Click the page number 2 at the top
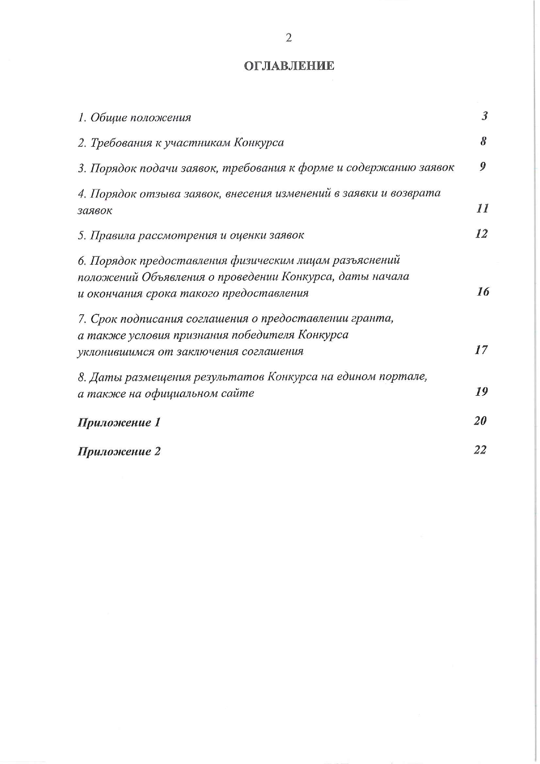(288, 38)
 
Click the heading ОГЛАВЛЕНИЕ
(289, 66)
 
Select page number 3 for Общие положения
(484, 116)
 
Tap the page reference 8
(483, 141)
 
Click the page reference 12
(481, 234)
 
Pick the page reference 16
(483, 292)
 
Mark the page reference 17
(481, 350)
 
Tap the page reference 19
(481, 391)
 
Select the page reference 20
(480, 421)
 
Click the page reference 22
(480, 450)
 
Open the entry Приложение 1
(119, 422)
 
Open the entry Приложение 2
(119, 451)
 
